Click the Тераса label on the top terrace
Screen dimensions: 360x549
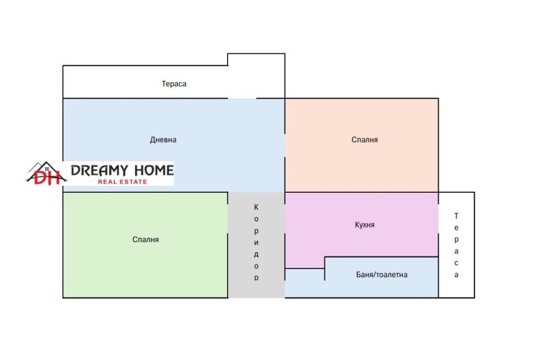tap(174, 84)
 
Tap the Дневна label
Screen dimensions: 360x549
tap(163, 140)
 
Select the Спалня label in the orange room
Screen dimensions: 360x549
tap(364, 140)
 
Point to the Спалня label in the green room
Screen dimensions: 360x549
tap(145, 239)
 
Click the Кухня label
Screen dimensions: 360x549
tap(364, 224)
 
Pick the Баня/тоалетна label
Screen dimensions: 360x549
tap(382, 274)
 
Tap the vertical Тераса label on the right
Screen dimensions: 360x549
tap(456, 245)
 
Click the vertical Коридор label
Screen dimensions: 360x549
tap(256, 241)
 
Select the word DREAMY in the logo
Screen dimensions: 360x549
tap(98, 170)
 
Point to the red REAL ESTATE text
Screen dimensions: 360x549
tap(122, 182)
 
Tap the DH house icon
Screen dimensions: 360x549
tap(47, 173)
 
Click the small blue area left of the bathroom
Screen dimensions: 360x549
tap(304, 285)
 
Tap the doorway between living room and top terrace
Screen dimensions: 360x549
tap(242, 99)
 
